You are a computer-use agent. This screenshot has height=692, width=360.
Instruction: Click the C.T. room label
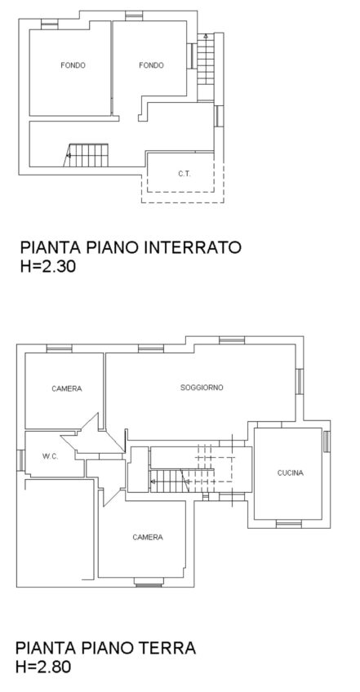click(184, 174)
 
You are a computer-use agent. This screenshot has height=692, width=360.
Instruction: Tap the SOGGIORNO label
click(202, 388)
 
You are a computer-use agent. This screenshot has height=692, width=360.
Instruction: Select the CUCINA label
click(291, 473)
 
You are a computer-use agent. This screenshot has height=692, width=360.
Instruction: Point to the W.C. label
click(51, 457)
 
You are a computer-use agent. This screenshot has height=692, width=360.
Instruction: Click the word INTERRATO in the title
click(192, 247)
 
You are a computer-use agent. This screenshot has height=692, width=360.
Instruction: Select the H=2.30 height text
click(47, 267)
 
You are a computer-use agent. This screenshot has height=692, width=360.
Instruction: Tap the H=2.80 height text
click(43, 667)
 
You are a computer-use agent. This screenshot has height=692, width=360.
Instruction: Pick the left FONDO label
click(73, 65)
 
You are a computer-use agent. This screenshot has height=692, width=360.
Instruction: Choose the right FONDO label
click(151, 65)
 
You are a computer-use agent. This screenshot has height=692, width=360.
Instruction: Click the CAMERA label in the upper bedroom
click(67, 388)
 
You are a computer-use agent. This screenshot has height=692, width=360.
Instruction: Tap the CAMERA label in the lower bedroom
click(148, 537)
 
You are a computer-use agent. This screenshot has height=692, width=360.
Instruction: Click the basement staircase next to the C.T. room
click(87, 155)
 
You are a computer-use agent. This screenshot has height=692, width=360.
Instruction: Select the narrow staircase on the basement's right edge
click(206, 59)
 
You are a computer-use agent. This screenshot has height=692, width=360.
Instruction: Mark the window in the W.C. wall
click(20, 460)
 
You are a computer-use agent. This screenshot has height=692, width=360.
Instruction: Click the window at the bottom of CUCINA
click(289, 524)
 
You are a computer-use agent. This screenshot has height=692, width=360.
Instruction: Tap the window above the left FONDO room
click(50, 24)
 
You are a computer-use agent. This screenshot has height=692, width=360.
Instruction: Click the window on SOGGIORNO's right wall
click(300, 382)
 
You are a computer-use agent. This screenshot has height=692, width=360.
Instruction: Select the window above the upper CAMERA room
click(60, 348)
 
